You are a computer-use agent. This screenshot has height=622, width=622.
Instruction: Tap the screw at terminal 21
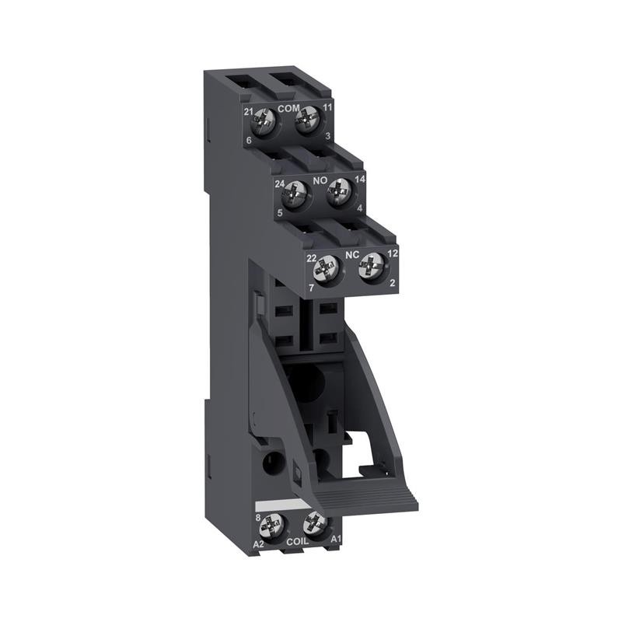pyautogui.click(x=266, y=121)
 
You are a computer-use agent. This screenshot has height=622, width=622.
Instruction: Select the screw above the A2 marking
pyautogui.click(x=271, y=525)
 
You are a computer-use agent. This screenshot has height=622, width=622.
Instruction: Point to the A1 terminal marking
pyautogui.click(x=337, y=539)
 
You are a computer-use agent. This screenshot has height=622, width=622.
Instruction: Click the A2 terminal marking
pyautogui.click(x=259, y=544)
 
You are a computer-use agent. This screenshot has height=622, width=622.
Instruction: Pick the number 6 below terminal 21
pyautogui.click(x=249, y=140)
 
